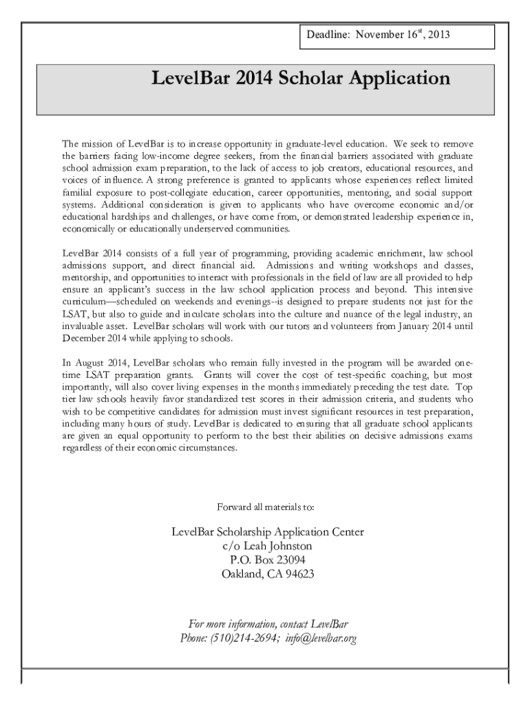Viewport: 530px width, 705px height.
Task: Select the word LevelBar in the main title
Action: (191, 78)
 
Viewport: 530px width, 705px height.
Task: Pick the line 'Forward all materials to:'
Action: (266, 507)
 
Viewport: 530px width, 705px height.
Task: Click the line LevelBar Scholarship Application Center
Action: (267, 532)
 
